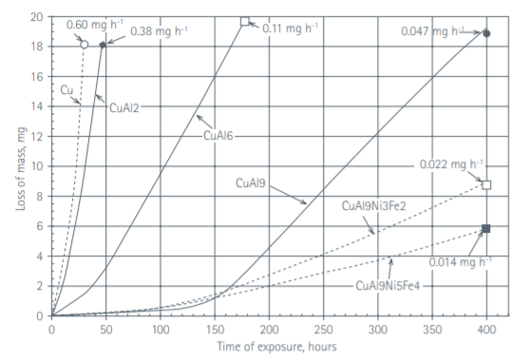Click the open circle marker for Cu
[84, 44]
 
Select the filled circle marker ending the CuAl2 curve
[103, 44]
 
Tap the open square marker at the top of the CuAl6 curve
[245, 20]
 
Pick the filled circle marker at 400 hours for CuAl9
[486, 33]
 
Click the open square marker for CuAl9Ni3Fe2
[486, 184]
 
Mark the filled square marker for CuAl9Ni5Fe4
[486, 229]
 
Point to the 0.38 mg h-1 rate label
[159, 31]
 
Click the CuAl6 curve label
[219, 136]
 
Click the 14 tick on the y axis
[36, 106]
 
